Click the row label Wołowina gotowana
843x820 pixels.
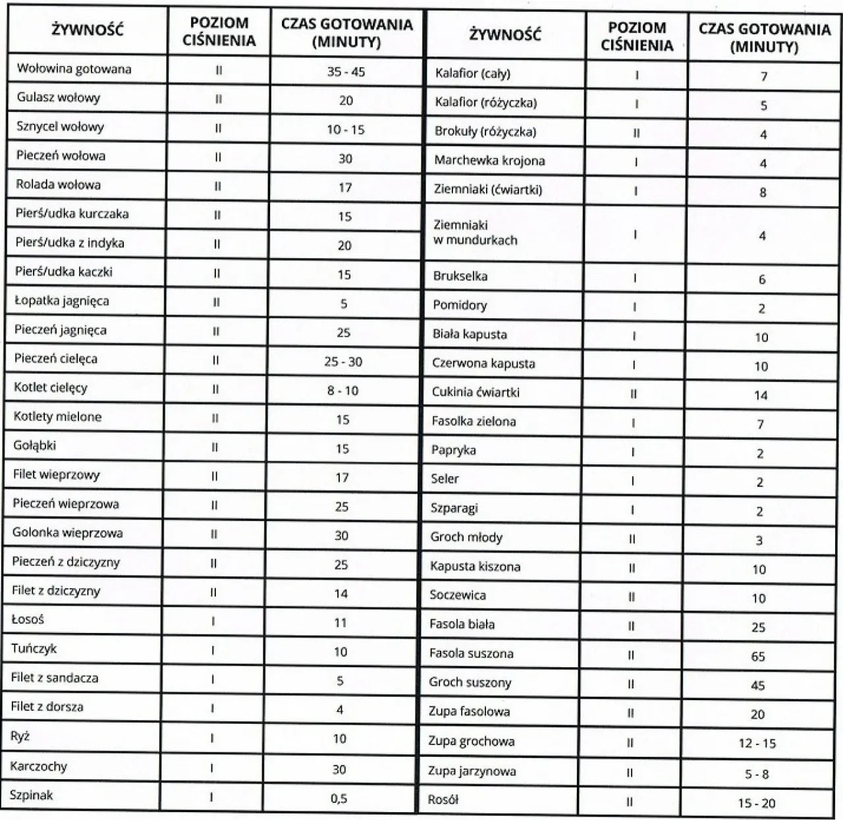[x=74, y=68]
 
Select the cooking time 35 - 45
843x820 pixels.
[x=346, y=71]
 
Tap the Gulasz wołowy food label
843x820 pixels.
[x=59, y=98]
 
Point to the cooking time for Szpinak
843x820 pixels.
[x=339, y=798]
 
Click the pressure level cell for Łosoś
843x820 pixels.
[x=213, y=620]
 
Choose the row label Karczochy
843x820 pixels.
[x=39, y=766]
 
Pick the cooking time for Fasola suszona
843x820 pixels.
[x=758, y=656]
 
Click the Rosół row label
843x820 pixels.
[x=443, y=800]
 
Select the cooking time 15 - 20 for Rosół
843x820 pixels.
[x=757, y=803]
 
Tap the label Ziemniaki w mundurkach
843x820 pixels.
[x=475, y=232]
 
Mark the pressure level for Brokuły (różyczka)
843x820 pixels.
[x=636, y=133]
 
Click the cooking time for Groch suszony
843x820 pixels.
[x=758, y=685]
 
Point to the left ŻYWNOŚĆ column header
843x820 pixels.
[x=88, y=30]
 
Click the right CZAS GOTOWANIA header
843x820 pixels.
[x=764, y=38]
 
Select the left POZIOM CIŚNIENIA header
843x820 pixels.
[x=219, y=32]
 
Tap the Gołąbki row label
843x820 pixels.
[x=34, y=446]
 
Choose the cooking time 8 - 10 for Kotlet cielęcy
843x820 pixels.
[x=342, y=391]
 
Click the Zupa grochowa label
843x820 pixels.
[x=471, y=741]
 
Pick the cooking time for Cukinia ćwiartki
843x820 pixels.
[x=761, y=395]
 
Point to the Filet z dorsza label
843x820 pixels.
[x=47, y=707]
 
